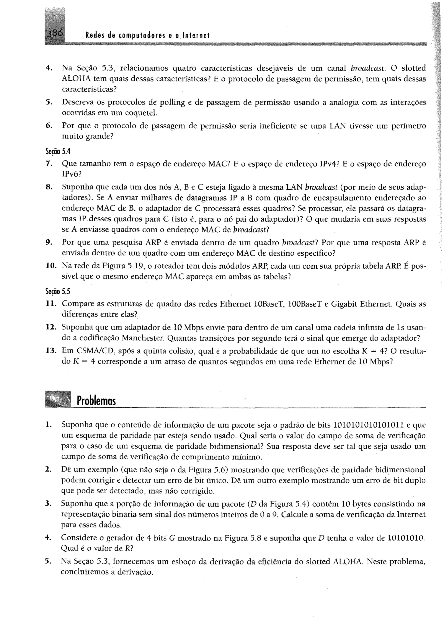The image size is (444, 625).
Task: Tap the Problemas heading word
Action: (96, 401)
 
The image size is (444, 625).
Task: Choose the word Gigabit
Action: (344, 304)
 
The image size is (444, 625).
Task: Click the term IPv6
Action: (70, 174)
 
